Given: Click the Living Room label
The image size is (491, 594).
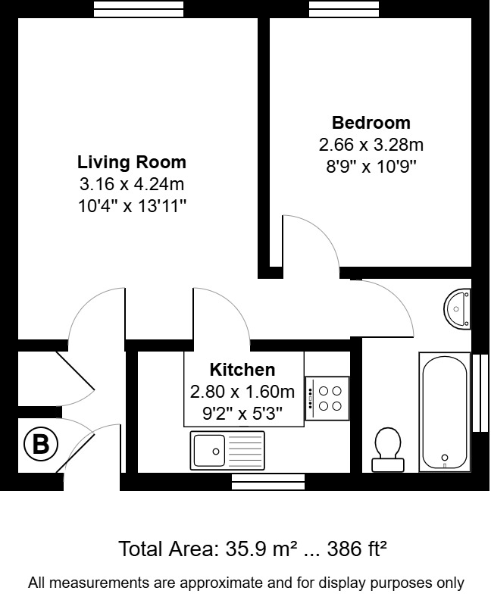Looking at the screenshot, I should click(132, 162).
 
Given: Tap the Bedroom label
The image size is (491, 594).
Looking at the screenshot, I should click(371, 123).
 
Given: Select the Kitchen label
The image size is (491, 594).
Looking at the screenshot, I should click(242, 370).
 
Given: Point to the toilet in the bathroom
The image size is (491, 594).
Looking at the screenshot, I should click(388, 447).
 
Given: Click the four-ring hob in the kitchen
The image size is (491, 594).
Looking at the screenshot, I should click(327, 398).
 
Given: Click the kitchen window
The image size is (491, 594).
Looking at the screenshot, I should click(268, 480).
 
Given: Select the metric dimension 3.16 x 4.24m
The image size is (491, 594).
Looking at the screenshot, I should click(132, 184).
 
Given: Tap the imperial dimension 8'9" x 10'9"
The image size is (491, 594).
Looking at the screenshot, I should click(371, 164).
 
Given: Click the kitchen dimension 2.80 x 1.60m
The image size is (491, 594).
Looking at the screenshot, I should click(242, 392).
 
